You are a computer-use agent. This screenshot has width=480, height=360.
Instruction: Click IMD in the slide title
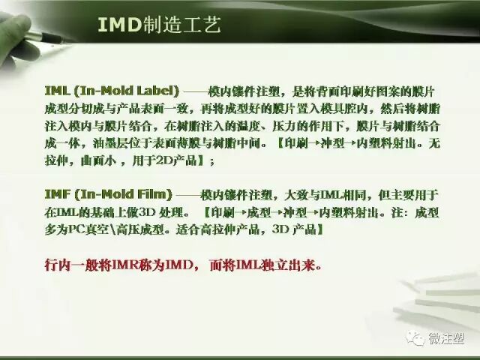point(119,25)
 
